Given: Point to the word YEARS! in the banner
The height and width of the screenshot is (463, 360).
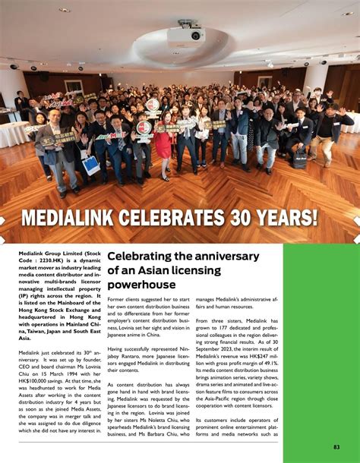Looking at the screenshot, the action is coord(286,218).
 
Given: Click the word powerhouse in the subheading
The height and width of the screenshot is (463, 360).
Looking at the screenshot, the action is coord(131,284).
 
